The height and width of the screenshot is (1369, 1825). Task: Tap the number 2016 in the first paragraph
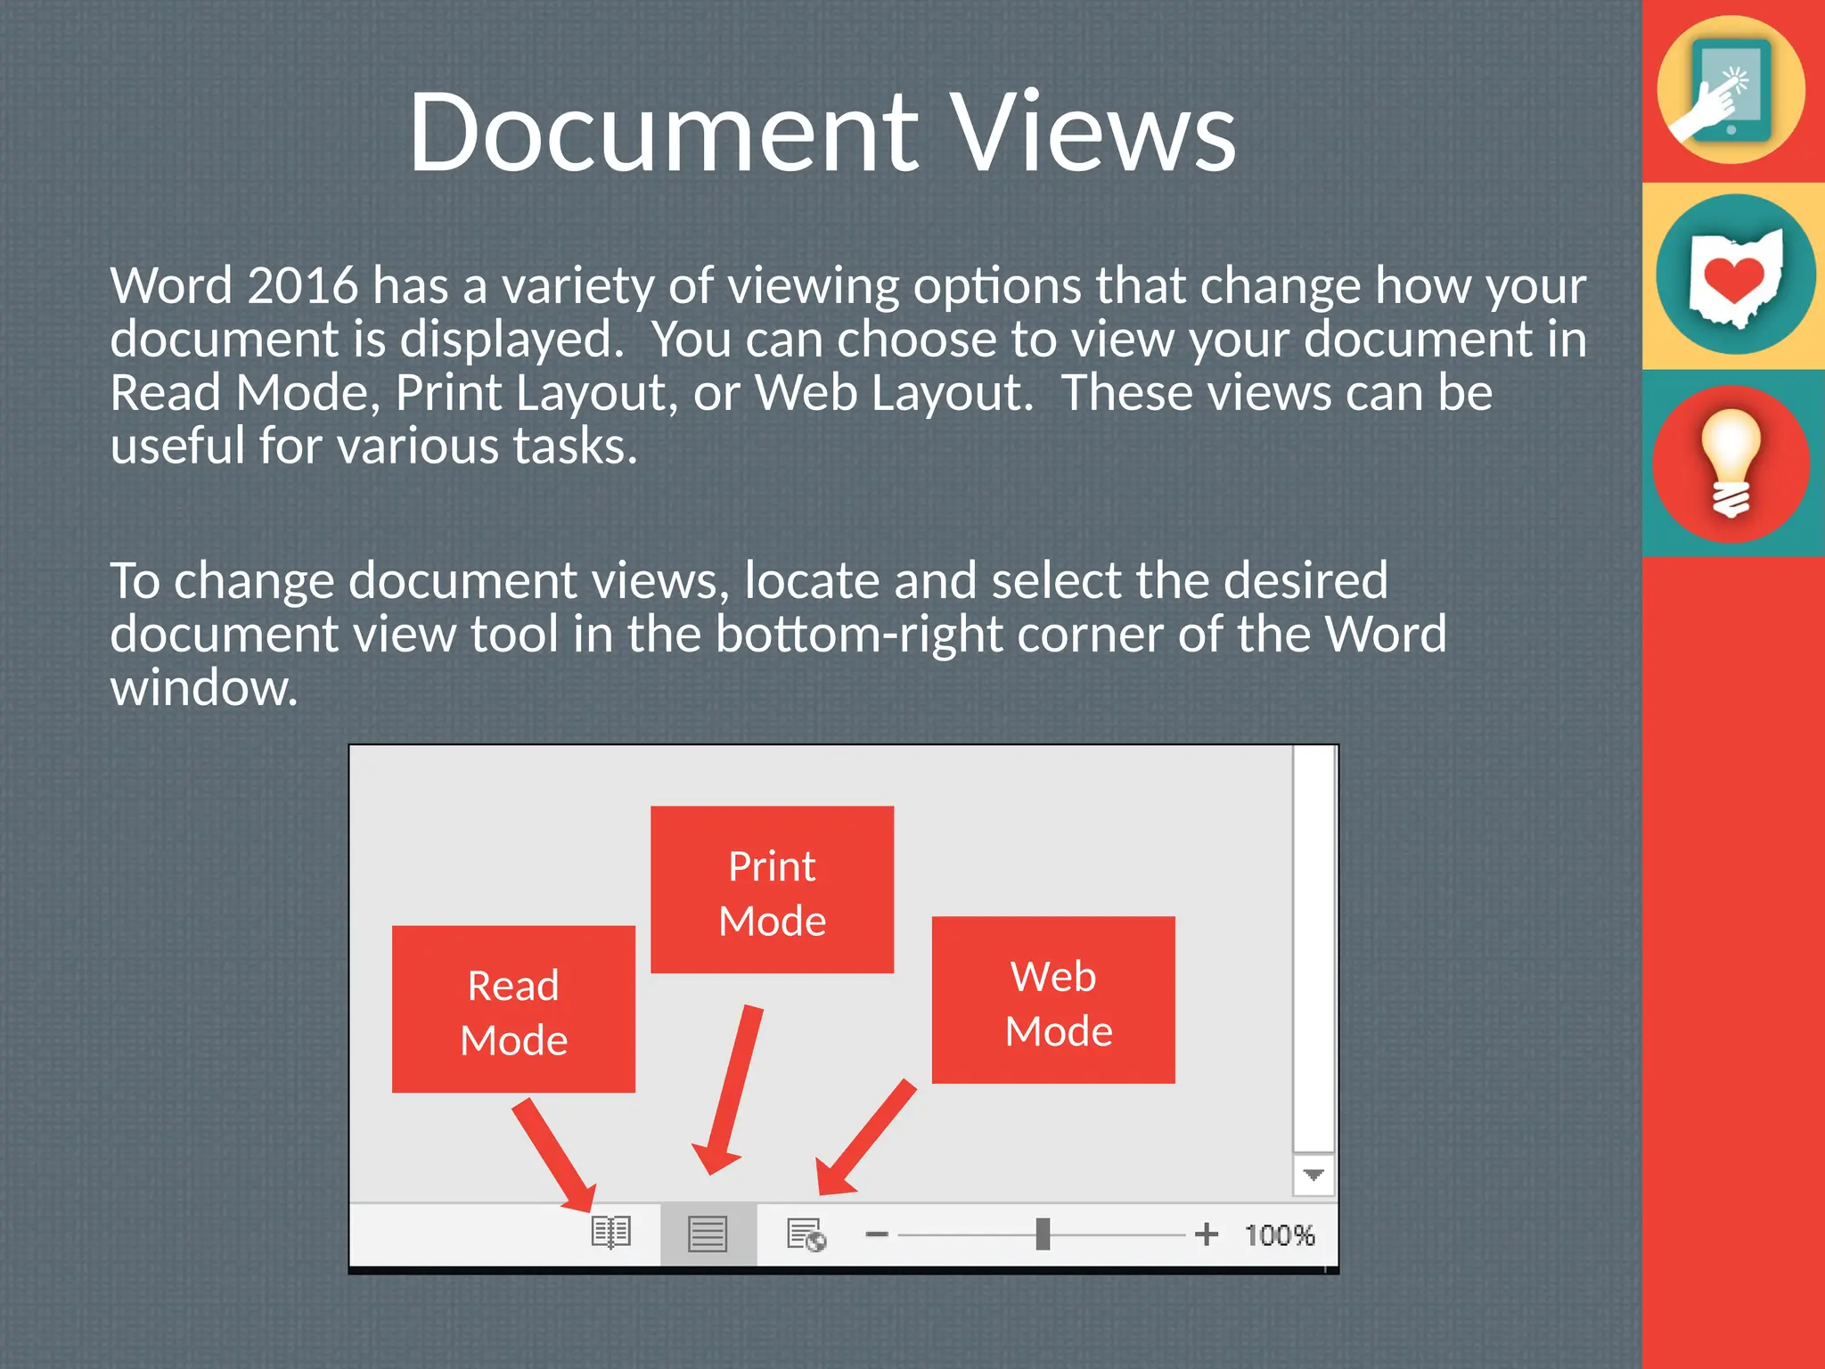[302, 286]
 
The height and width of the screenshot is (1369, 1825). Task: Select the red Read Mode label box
[513, 1009]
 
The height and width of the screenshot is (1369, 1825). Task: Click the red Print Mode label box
[772, 889]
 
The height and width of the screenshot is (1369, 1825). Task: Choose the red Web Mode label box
[1053, 1000]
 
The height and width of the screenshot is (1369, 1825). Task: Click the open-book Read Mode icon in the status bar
[611, 1234]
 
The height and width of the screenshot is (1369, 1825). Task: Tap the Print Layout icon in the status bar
[708, 1234]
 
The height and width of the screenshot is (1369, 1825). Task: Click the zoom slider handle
[1043, 1234]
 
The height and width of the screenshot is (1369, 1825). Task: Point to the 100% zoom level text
[1280, 1235]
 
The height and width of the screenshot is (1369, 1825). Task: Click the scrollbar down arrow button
[1313, 1175]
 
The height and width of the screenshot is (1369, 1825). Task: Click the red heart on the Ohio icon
[1733, 279]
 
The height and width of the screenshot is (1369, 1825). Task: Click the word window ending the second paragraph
[203, 689]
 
